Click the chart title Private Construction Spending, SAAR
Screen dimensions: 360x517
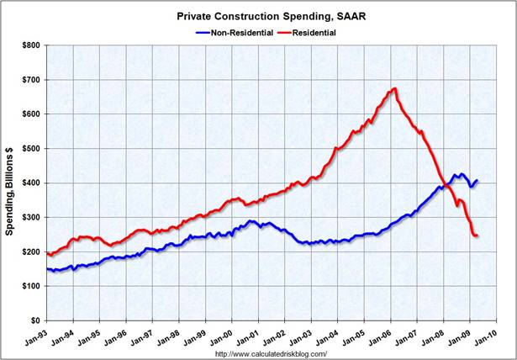coord(259,15)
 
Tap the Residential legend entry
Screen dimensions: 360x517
coord(308,33)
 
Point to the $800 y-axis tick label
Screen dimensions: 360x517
coord(30,45)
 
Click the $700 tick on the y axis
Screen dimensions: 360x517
coord(30,79)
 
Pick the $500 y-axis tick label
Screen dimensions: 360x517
coord(30,148)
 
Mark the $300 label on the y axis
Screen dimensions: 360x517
coord(30,217)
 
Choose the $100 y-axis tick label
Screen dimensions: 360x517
coord(30,286)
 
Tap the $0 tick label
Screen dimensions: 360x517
coord(34,320)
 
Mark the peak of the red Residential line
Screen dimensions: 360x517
coord(395,88)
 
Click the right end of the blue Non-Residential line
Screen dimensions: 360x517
coord(477,180)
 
